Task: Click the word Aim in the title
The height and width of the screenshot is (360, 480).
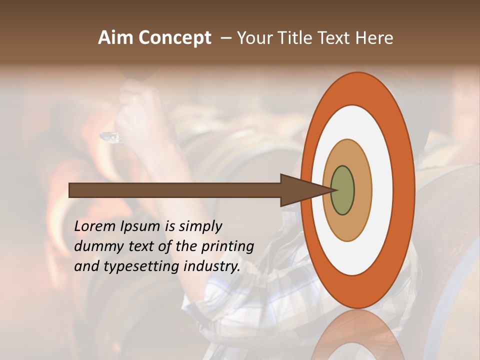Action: click(x=115, y=38)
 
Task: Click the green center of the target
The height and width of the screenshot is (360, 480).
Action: click(x=342, y=190)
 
